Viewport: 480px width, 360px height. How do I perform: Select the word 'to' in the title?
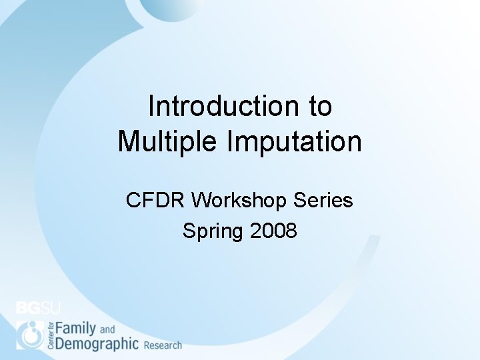(x=319, y=106)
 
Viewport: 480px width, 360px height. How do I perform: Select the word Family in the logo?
(x=76, y=328)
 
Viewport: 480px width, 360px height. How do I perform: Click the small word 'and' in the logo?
(x=107, y=329)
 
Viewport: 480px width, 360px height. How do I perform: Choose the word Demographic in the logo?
(x=97, y=344)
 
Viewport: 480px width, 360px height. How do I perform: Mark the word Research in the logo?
(x=163, y=345)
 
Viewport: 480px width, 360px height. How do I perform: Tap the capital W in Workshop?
(x=201, y=200)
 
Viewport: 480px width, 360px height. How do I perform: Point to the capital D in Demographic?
(x=60, y=344)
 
